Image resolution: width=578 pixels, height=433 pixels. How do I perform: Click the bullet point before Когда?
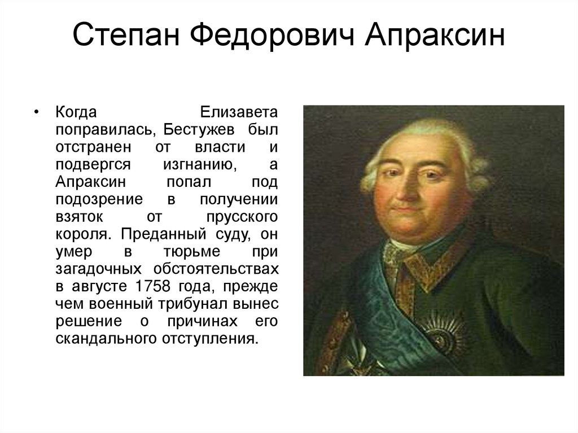tap(37, 111)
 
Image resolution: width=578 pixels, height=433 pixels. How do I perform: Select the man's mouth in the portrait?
tap(404, 210)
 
